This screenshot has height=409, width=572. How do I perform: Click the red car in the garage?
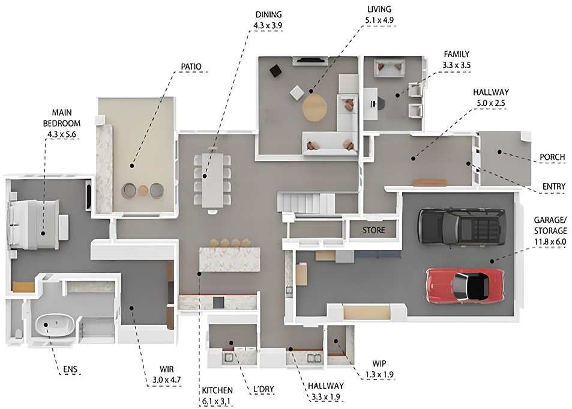tap(466, 285)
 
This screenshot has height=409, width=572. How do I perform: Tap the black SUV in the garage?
tap(462, 226)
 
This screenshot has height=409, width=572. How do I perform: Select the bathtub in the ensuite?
tap(55, 326)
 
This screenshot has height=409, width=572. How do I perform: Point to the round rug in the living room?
tap(314, 108)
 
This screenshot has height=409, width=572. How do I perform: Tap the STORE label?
tap(373, 230)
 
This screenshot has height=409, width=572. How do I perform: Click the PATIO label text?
tap(191, 67)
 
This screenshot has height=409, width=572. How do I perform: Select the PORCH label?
tap(552, 157)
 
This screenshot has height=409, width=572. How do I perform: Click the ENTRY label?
tap(554, 187)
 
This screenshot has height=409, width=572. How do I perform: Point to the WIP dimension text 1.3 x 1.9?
tap(379, 374)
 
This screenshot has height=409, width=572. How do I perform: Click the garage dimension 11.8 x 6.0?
tap(550, 242)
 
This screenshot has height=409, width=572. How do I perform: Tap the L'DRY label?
tap(263, 389)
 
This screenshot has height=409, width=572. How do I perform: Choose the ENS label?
tap(70, 369)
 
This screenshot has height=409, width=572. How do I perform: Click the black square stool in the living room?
tap(275, 70)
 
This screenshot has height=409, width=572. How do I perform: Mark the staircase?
tap(306, 203)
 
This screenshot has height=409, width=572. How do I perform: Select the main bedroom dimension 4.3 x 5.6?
tap(62, 135)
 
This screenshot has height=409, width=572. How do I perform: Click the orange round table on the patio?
tap(143, 190)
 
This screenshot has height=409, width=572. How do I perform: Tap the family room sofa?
tap(390, 67)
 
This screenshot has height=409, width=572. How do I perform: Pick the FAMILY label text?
tap(456, 54)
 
